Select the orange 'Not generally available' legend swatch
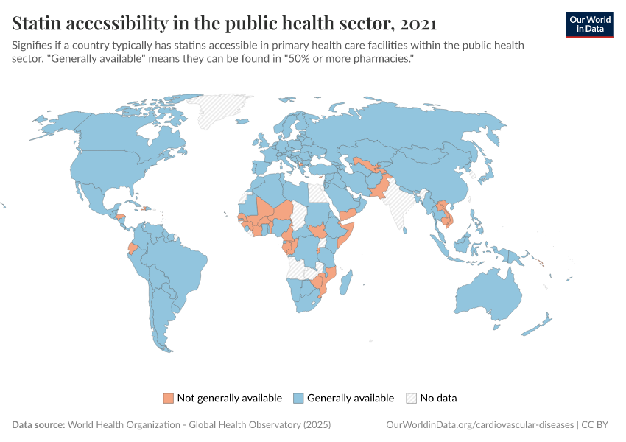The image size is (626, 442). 168,399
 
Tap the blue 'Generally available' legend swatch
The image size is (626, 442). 298,399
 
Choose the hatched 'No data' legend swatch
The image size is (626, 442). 411,399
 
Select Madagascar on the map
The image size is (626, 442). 348,283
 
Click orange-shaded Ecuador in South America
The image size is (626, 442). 133,248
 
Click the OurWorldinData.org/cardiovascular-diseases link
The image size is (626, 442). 480,425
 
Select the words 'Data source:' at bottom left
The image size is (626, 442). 38,425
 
